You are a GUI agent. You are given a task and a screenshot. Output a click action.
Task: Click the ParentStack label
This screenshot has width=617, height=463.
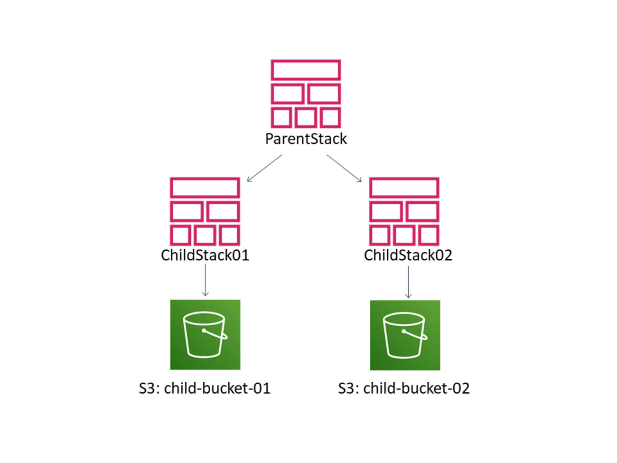306,139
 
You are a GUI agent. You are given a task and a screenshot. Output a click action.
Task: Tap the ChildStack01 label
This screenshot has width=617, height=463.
205,255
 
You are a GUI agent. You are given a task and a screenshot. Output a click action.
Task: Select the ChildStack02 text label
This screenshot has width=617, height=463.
408,255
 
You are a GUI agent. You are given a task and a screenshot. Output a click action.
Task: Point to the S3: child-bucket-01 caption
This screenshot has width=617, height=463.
205,388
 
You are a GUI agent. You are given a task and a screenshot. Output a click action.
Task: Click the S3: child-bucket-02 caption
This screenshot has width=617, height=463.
404,388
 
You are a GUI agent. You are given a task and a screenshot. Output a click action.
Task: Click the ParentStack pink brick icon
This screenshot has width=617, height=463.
306,94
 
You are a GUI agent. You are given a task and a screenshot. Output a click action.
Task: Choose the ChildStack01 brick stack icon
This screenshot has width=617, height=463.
205,212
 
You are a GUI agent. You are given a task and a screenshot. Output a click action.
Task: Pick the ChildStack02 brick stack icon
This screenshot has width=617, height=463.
404,212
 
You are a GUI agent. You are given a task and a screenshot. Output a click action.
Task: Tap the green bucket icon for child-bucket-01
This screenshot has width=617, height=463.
205,334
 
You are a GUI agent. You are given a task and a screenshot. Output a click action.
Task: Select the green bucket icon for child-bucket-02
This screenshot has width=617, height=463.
405,335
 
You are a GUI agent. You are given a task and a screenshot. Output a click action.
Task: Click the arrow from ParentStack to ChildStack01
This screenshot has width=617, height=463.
264,168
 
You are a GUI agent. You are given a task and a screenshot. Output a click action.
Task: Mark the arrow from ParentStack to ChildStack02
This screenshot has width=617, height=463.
344,168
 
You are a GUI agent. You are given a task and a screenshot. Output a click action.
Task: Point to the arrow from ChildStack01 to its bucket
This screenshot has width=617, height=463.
205,280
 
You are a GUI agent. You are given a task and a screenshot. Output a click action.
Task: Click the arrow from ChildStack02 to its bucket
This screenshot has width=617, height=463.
408,282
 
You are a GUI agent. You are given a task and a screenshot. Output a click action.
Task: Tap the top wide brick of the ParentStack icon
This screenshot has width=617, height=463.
306,70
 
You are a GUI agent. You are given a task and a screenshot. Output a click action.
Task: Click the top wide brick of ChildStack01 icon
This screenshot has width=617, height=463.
205,188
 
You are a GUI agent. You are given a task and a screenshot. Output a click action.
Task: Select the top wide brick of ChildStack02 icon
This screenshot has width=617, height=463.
404,188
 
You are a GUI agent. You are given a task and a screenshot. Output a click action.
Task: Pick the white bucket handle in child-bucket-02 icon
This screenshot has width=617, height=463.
415,334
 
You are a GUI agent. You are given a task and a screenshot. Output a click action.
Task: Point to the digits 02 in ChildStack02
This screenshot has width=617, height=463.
443,255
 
